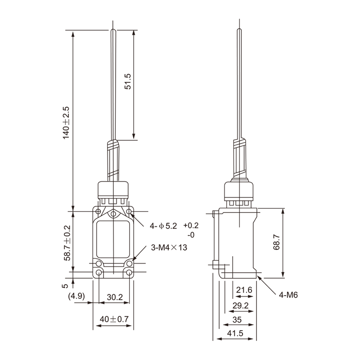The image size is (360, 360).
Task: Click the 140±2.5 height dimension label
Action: [66, 122]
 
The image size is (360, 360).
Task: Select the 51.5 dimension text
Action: [128, 81]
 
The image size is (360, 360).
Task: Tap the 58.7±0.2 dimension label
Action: [67, 243]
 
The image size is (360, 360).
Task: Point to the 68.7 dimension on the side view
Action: [276, 242]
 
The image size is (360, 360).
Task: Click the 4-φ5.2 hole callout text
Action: [163, 226]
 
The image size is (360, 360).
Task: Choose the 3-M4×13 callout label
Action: [169, 247]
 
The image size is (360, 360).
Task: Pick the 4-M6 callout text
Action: [288, 295]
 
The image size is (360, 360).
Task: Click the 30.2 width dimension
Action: [115, 297]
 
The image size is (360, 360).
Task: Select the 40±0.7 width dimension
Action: [114, 319]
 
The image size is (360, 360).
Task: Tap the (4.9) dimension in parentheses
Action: [76, 296]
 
